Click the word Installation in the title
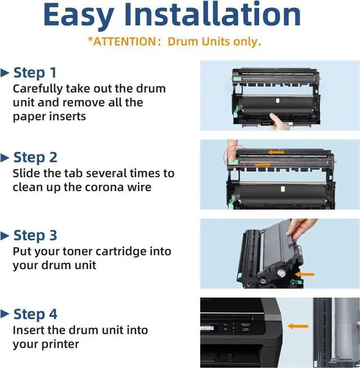click(213, 14)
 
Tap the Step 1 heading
click(35, 72)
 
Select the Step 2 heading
click(35, 157)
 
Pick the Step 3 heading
click(35, 235)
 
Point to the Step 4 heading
click(35, 314)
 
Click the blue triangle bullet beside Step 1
click(4, 73)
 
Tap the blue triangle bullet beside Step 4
click(4, 314)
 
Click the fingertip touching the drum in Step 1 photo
click(273, 116)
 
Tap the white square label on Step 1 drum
click(277, 101)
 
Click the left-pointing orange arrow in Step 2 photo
click(276, 152)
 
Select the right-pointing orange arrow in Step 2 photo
click(263, 165)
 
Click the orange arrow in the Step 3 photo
click(304, 274)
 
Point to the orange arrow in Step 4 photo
click(298, 326)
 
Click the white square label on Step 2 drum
click(283, 189)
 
